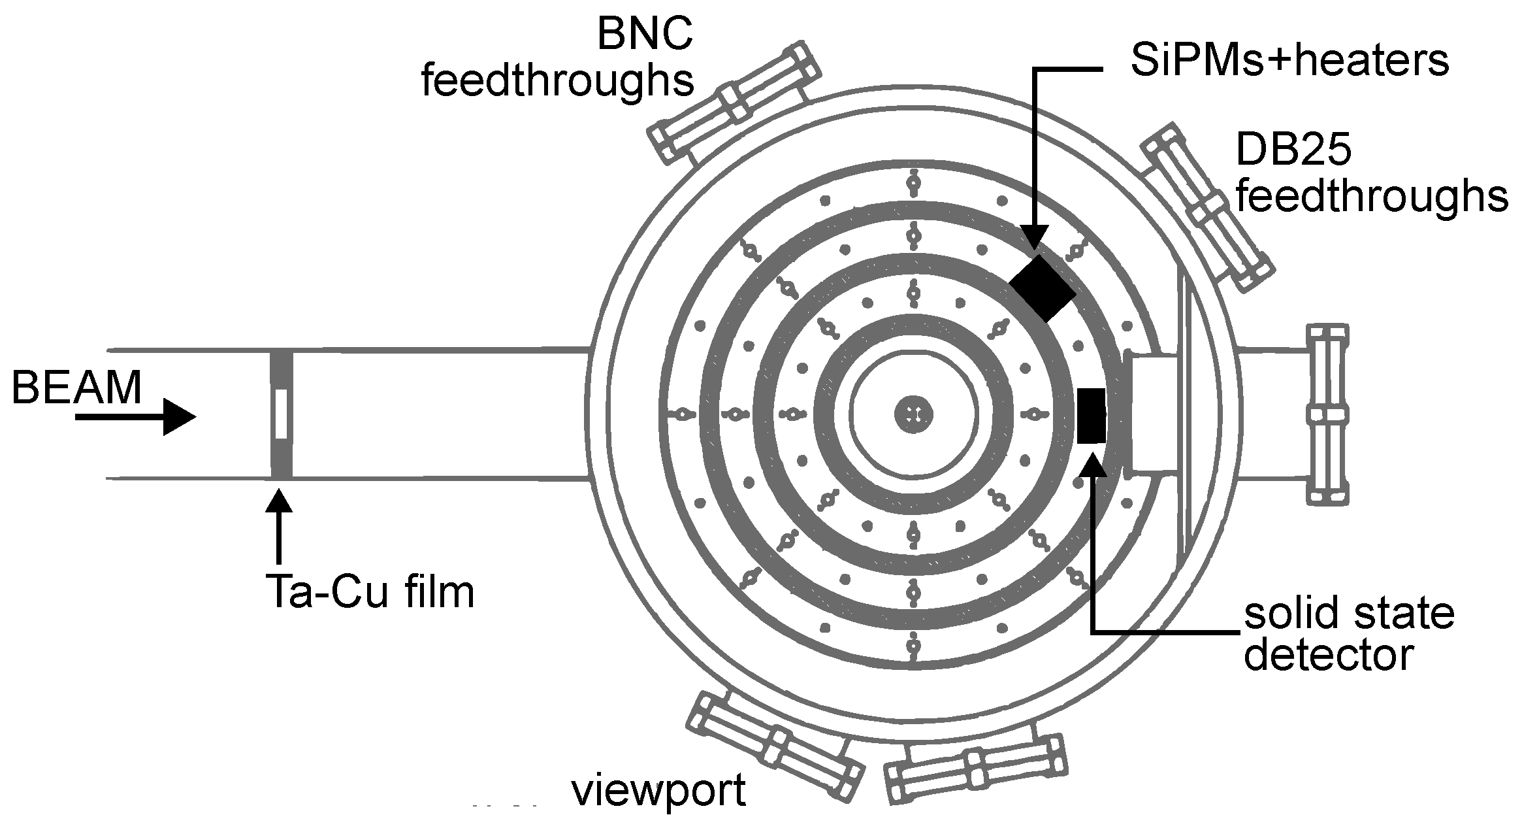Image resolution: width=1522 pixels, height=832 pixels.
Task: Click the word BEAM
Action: pyautogui.click(x=76, y=388)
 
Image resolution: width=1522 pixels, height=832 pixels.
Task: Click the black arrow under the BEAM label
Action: pyautogui.click(x=135, y=417)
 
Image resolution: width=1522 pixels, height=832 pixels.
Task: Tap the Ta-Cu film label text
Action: pyautogui.click(x=370, y=592)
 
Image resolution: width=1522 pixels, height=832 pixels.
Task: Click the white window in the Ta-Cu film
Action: pyautogui.click(x=282, y=414)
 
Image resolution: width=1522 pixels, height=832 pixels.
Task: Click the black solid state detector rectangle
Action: pyautogui.click(x=1091, y=416)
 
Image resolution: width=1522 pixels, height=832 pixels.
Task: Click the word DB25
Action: pyautogui.click(x=1293, y=152)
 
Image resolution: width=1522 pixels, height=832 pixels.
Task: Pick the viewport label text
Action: pyautogui.click(x=658, y=791)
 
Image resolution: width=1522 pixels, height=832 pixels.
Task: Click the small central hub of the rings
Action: pyautogui.click(x=913, y=414)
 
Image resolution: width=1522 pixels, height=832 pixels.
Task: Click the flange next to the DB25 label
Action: pyautogui.click(x=1208, y=207)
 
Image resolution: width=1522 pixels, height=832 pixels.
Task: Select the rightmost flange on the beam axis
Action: pyautogui.click(x=1326, y=414)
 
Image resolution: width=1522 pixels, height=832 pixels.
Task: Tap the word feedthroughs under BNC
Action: pyautogui.click(x=557, y=82)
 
